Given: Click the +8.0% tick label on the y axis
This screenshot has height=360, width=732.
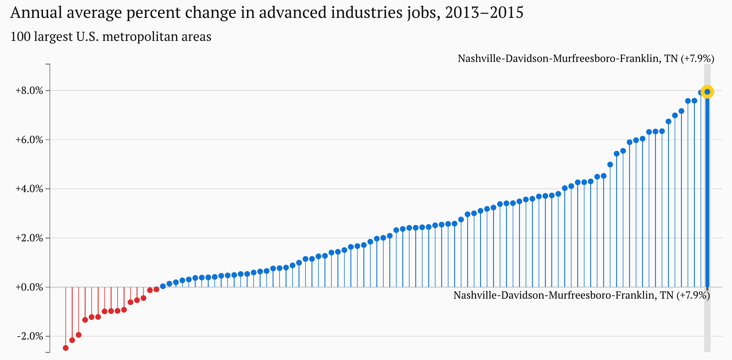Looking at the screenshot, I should pos(29,91).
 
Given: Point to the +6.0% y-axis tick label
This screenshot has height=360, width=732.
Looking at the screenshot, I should pos(29,140).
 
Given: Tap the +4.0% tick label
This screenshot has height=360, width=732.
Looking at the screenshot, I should pos(29,189).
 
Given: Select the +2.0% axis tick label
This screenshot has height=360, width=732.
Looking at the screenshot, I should pos(29,238).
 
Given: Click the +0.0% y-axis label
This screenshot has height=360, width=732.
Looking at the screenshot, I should pos(29,287).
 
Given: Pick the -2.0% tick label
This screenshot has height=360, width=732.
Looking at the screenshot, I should pos(30,336).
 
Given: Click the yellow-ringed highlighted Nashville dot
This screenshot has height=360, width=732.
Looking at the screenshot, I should pos(707,92).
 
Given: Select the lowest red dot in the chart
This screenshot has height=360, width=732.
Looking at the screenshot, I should pos(66,348).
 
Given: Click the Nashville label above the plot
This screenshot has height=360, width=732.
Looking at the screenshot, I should pos(586,58).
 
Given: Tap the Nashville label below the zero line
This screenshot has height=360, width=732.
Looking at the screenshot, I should pos(582,295).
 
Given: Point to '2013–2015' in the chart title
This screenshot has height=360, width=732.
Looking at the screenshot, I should pos(484,13).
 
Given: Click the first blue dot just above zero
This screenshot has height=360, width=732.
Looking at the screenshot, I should pos(163,286).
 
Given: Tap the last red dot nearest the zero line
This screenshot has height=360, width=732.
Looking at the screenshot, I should pos(156,289).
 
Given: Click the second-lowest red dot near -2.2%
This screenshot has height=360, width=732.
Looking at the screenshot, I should pos(72,340).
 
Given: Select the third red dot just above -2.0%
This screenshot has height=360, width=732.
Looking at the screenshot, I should pos(79,335).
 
